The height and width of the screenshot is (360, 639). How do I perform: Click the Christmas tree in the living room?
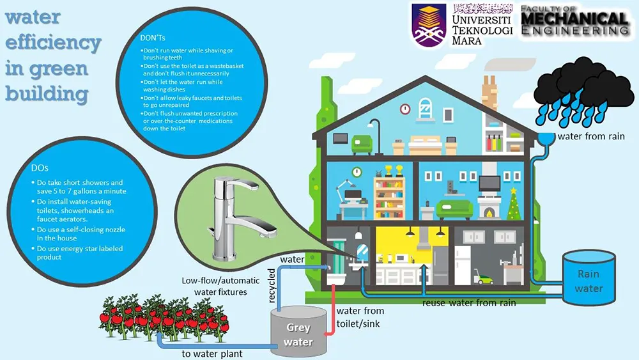(x=512, y=203)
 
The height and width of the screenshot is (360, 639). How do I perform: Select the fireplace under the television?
(x=490, y=210)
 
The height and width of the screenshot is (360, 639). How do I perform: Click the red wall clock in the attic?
(x=404, y=109)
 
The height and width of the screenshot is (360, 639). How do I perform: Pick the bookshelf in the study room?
(x=389, y=196)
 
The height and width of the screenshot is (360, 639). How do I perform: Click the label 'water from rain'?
(x=587, y=136)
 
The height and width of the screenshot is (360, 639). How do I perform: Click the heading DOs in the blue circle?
(x=40, y=168)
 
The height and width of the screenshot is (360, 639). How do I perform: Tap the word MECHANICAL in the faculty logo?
(x=574, y=21)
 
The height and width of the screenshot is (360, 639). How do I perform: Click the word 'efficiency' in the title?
(x=54, y=43)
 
